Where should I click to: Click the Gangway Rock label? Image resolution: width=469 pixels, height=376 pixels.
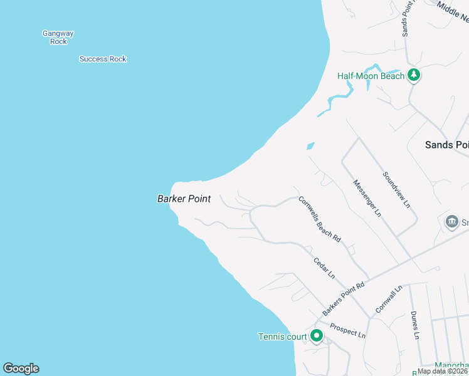(58, 37)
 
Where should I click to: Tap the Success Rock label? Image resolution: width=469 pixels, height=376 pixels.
(103, 59)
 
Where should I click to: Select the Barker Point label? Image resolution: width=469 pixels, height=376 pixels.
(184, 199)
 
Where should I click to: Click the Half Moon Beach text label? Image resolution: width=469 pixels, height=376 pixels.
(371, 76)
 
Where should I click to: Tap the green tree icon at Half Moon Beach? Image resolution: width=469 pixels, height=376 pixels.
(413, 75)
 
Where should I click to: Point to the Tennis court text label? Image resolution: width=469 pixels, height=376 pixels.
(283, 337)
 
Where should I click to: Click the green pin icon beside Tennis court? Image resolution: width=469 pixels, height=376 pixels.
(317, 336)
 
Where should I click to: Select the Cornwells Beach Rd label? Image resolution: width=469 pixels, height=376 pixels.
(319, 220)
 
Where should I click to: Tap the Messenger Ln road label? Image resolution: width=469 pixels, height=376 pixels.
(367, 198)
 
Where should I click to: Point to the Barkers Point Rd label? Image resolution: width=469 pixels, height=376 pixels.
(344, 299)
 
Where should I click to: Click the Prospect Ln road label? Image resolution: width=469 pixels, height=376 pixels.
(347, 331)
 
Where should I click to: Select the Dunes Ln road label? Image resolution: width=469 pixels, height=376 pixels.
(414, 325)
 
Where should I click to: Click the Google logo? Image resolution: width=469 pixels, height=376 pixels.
(21, 368)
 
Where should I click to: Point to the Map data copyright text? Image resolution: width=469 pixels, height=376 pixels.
(443, 371)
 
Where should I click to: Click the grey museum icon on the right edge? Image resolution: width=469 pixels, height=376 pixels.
(451, 222)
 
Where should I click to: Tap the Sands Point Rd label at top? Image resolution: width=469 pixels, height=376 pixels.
(406, 18)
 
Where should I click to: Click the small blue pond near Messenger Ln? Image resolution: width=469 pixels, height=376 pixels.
(310, 146)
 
